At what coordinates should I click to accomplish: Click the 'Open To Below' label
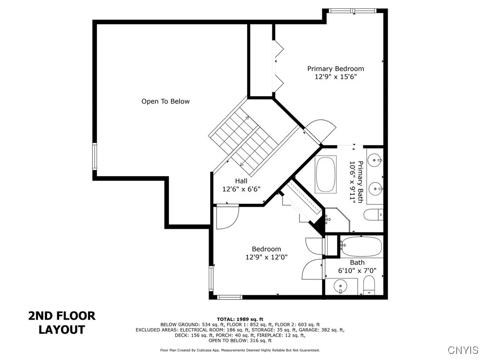(165, 101)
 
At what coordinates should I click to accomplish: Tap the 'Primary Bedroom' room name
(335, 68)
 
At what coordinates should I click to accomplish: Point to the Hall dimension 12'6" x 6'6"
(241, 189)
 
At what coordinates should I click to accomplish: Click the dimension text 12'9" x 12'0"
(266, 257)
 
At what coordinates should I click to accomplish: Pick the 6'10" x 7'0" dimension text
(357, 270)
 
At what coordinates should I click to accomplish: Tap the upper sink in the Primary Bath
(375, 161)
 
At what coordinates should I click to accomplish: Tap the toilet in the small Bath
(370, 285)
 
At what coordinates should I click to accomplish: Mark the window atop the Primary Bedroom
(352, 10)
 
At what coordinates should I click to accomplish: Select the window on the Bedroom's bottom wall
(230, 297)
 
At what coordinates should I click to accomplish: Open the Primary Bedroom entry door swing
(320, 129)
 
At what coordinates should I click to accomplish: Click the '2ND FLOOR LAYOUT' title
(62, 322)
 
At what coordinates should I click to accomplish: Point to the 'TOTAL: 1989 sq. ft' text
(240, 319)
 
